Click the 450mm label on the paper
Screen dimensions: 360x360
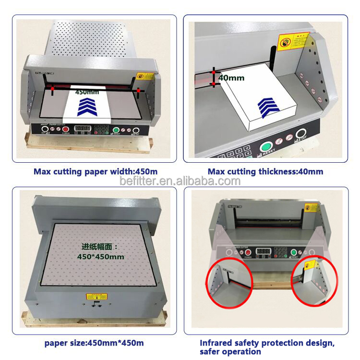[x=87, y=92]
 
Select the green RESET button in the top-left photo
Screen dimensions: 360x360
[x=116, y=130]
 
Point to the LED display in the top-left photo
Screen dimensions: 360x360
[x=83, y=129]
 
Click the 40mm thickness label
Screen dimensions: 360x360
[x=231, y=78]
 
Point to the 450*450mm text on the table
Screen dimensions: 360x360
[x=101, y=257]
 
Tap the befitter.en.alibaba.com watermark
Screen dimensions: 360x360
[x=180, y=181]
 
